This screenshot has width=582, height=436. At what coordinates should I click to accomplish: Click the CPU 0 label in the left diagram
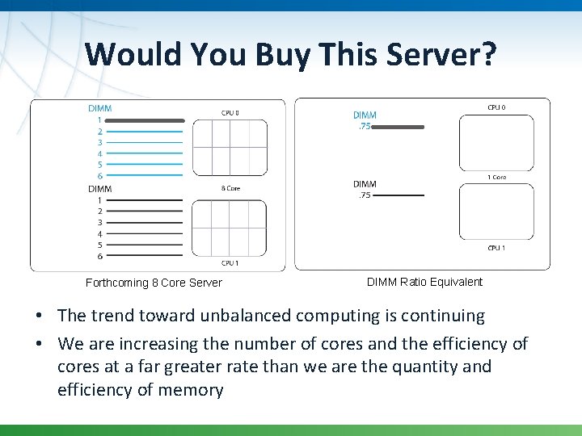[x=230, y=112]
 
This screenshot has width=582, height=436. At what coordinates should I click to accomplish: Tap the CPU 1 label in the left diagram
[x=230, y=263]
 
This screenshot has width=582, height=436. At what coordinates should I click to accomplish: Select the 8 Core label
[x=230, y=188]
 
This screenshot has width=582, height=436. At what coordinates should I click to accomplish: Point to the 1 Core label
[x=496, y=177]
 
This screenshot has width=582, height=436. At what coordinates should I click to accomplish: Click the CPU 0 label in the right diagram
[x=496, y=107]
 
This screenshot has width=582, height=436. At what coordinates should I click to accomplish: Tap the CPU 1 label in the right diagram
[x=496, y=248]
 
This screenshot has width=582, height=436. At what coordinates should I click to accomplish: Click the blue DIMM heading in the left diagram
[x=100, y=108]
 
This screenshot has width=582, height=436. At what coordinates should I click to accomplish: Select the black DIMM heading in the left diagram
[x=100, y=189]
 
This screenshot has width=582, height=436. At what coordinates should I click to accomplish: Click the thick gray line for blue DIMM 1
[x=145, y=120]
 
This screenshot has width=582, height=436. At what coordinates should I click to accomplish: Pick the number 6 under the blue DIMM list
[x=100, y=176]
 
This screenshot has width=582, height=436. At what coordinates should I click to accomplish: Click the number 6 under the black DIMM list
[x=100, y=257]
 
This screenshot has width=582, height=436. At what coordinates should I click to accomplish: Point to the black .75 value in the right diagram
[x=364, y=195]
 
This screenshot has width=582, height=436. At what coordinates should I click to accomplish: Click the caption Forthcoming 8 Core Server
[x=154, y=283]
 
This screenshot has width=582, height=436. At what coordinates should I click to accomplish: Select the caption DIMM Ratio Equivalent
[x=424, y=282]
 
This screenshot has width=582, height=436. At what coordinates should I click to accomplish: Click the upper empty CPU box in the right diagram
[x=496, y=143]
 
